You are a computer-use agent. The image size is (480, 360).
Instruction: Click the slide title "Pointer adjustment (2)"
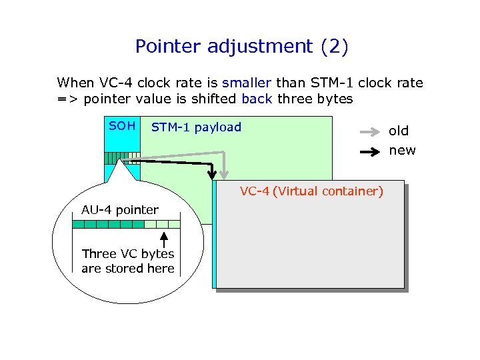point(241,47)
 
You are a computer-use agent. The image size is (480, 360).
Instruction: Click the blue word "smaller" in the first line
point(246,83)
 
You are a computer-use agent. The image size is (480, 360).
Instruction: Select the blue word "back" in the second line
point(257,99)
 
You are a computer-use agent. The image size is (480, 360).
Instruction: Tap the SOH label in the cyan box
point(122,126)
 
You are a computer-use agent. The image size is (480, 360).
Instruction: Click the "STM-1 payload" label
point(196,127)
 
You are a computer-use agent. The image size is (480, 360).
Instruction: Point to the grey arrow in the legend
point(369,131)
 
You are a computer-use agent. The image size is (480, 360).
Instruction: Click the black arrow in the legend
point(369,151)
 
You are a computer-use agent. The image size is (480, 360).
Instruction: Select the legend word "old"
point(399,131)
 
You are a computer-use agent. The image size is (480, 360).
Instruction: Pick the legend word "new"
point(402,151)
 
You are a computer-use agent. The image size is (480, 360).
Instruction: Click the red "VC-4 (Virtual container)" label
point(311,192)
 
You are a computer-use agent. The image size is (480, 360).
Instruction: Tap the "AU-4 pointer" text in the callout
point(120,210)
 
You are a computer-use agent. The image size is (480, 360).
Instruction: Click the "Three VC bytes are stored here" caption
point(127,261)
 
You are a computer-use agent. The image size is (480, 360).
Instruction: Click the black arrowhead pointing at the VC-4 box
point(213,175)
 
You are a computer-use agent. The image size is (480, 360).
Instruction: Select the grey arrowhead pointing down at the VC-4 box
point(225,175)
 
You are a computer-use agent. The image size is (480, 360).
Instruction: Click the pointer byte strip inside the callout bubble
point(126,224)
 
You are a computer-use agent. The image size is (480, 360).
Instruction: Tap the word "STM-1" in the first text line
point(379,83)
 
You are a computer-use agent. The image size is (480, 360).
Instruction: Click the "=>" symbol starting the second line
point(65,99)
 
